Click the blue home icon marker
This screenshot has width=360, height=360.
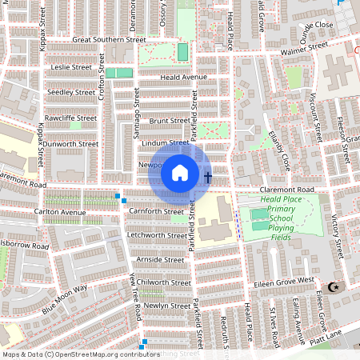tap(180, 172)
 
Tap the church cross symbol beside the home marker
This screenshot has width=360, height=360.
tap(207, 177)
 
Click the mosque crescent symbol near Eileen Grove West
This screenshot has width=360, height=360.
tap(334, 287)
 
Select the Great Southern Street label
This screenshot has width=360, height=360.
tap(109, 38)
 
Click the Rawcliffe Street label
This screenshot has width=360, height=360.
tap(71, 118)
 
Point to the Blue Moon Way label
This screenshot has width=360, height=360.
tap(64, 298)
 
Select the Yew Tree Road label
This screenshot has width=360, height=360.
tap(136, 296)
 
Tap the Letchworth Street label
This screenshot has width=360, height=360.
tap(157, 235)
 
